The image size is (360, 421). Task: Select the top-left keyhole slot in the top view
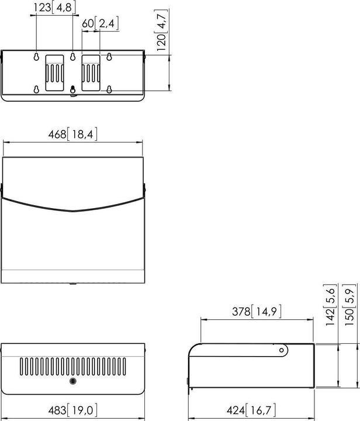click(x=36, y=57)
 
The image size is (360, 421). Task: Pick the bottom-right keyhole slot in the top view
click(x=109, y=89)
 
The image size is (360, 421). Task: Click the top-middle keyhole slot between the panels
click(x=72, y=57)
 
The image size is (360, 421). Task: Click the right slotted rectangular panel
click(x=91, y=73)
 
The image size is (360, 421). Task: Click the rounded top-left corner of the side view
click(x=194, y=349)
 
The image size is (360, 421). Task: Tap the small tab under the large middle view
click(x=72, y=285)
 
